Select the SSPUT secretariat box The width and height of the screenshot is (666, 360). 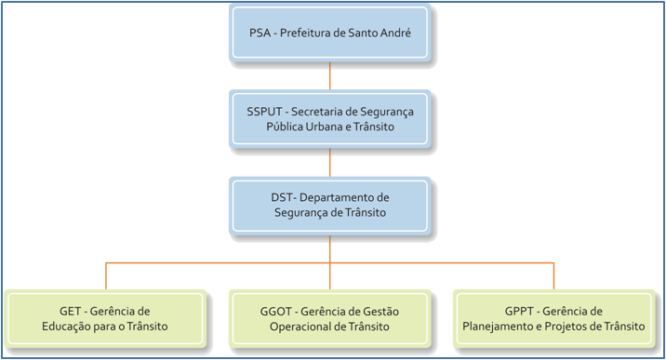pyautogui.click(x=330, y=118)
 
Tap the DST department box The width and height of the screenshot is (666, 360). pyautogui.click(x=330, y=206)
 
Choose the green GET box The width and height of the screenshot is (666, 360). pyautogui.click(x=104, y=318)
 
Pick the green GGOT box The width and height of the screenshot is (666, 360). pyautogui.click(x=330, y=318)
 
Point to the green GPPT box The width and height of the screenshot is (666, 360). pyautogui.click(x=554, y=318)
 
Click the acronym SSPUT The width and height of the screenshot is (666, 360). pyautogui.click(x=266, y=111)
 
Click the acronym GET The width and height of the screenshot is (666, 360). pyautogui.click(x=69, y=310)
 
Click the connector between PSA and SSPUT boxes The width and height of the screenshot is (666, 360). pyautogui.click(x=330, y=75)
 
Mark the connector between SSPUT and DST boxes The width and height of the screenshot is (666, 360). pyautogui.click(x=330, y=163)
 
